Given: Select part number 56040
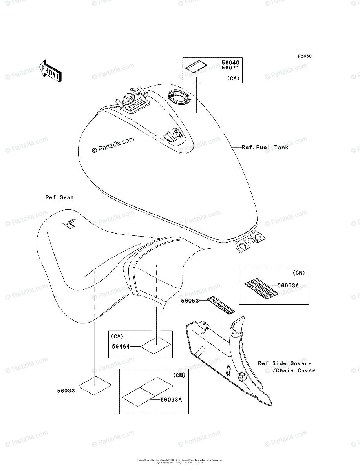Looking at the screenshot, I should (x=231, y=62).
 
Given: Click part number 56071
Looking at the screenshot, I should (x=231, y=68).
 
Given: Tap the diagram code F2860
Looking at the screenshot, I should (x=304, y=56).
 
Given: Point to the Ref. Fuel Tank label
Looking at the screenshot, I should (x=265, y=147).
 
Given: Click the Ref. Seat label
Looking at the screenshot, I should (x=59, y=197).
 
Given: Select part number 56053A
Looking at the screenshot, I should (x=289, y=286).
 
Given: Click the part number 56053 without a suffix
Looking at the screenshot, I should (x=190, y=301).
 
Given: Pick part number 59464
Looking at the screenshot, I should (x=120, y=346).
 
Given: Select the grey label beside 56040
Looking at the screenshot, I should (x=197, y=67).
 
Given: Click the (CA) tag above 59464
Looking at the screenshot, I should (x=117, y=336).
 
